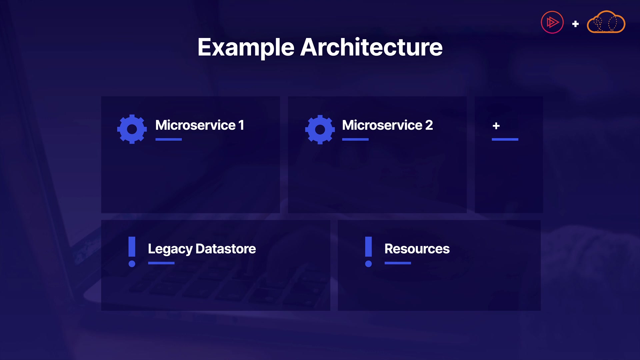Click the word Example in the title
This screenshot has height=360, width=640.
tap(246, 47)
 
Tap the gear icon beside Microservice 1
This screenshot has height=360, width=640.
tap(132, 129)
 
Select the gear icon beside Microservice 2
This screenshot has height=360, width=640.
tap(320, 130)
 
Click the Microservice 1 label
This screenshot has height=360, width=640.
tap(199, 125)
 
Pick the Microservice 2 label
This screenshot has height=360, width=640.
tap(387, 125)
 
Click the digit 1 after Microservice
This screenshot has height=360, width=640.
tap(241, 125)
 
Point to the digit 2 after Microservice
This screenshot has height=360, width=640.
tap(429, 125)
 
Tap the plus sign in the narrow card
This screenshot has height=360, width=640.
tap(496, 126)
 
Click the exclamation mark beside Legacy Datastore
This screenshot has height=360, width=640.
tap(132, 252)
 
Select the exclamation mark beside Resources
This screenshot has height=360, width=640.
tap(368, 252)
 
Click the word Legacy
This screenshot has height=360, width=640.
tap(170, 249)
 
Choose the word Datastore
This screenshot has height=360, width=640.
tap(226, 249)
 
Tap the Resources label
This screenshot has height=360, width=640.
tap(417, 249)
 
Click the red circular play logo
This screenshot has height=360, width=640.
tap(552, 23)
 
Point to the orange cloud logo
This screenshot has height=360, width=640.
tap(606, 23)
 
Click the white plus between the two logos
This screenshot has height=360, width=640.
tap(575, 24)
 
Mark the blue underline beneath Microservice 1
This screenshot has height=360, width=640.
tap(169, 139)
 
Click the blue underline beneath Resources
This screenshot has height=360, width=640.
tap(398, 263)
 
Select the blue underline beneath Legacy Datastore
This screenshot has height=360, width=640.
tap(161, 263)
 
